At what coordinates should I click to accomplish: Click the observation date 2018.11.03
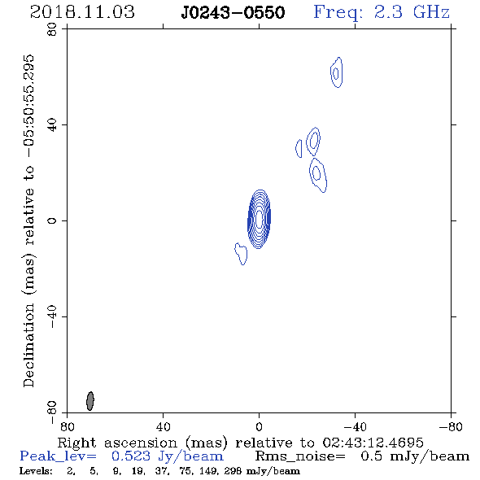point(82,12)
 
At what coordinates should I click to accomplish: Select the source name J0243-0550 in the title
point(233,12)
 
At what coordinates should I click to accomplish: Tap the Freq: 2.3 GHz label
point(382,12)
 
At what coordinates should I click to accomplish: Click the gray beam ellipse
point(90,401)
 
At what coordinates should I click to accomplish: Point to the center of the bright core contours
point(259,219)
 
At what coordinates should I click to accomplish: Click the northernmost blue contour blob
point(337,72)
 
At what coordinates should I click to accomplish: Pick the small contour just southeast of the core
point(242,254)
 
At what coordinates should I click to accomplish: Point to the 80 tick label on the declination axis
point(52,29)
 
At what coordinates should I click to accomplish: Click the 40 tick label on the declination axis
point(52,125)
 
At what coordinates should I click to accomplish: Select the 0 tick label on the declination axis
point(52,220)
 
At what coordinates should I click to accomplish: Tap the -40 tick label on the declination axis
point(52,316)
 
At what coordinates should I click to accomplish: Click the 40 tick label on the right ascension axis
point(163,426)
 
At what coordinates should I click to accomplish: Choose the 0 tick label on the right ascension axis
point(259,426)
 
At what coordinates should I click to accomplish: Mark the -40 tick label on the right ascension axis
point(355,426)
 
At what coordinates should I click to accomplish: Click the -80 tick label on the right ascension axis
point(451,426)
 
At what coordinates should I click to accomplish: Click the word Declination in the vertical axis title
point(28,346)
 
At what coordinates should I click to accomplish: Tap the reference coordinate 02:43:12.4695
point(373,443)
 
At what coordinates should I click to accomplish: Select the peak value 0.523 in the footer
point(131,456)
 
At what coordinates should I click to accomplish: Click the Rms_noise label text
point(300,456)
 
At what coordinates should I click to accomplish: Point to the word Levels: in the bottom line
point(36,471)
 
